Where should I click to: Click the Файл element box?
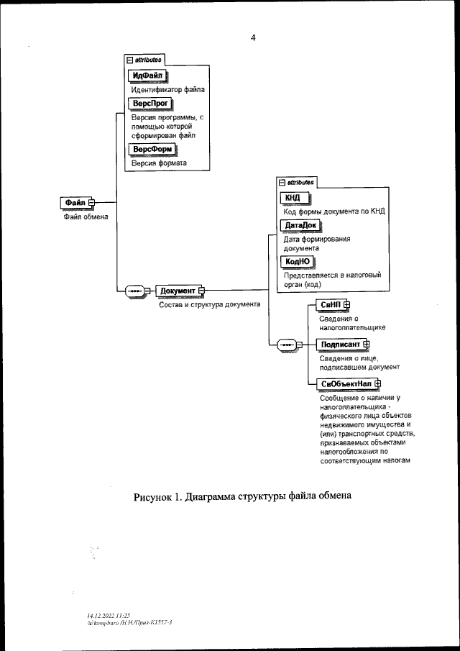[74, 204]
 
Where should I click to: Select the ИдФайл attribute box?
[147, 76]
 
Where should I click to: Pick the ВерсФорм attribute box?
[151, 150]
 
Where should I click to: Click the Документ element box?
[178, 291]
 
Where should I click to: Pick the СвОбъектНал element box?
[346, 384]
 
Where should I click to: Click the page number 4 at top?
[253, 37]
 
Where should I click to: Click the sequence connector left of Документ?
[135, 291]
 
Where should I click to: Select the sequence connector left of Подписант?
[286, 345]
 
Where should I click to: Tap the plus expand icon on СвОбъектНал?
[377, 384]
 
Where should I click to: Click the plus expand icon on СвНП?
[346, 305]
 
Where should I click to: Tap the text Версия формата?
[159, 163]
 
